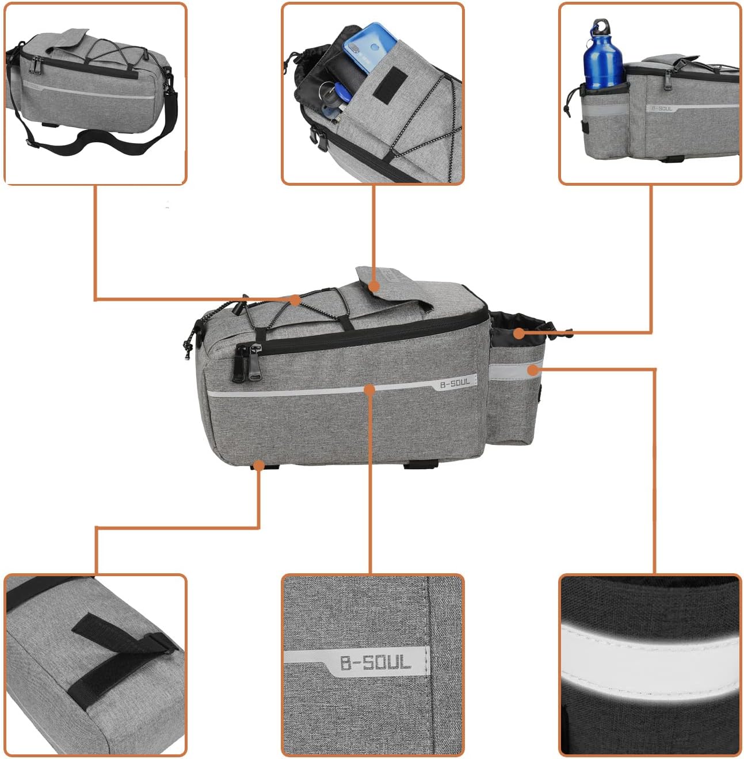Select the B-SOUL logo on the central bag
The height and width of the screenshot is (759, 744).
tap(455, 382)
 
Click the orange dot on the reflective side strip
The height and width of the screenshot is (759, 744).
tap(533, 370)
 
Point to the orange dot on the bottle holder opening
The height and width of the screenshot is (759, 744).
tap(519, 333)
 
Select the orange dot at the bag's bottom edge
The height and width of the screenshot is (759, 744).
tap(259, 465)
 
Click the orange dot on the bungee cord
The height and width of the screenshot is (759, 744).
tap(295, 300)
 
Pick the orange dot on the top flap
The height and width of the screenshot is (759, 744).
tap(374, 286)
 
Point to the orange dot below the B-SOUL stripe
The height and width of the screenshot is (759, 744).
tap(369, 390)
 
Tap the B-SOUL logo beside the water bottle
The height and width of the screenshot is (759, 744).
tap(661, 108)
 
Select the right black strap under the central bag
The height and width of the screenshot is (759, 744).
tap(421, 465)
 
